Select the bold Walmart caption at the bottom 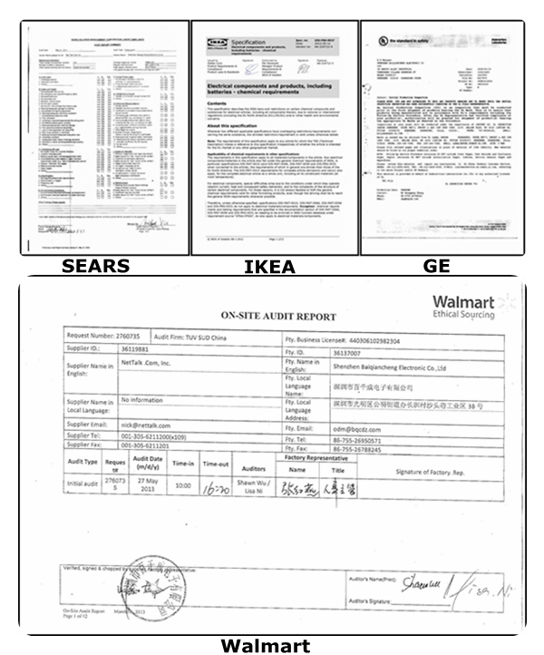269,645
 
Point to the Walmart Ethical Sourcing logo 463,308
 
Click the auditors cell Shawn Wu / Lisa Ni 254,485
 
